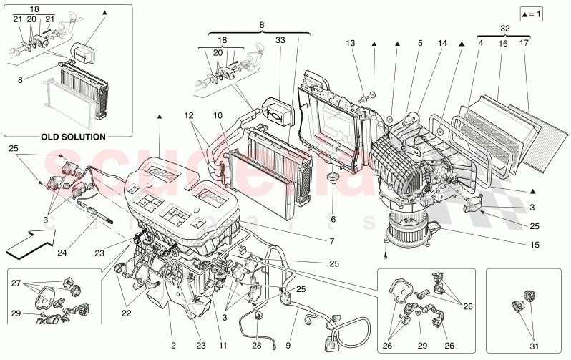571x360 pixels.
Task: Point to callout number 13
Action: [x=350, y=44]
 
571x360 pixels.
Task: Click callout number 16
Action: [x=504, y=44]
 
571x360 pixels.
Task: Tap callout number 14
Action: [x=442, y=44]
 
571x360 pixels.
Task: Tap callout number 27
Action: [x=15, y=283]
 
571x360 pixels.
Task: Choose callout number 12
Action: [x=188, y=115]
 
